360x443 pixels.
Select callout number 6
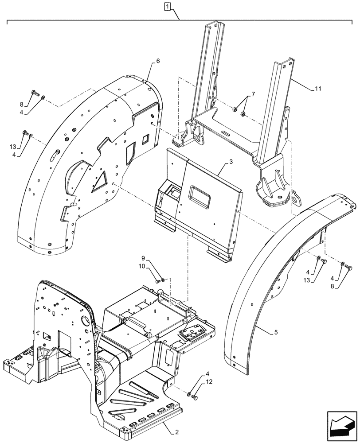158,61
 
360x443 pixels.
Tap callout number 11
317,89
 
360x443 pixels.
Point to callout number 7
253,94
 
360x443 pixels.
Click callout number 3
231,163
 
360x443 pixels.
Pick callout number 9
143,258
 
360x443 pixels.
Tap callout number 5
276,332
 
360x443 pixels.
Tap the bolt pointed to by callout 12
195,397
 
